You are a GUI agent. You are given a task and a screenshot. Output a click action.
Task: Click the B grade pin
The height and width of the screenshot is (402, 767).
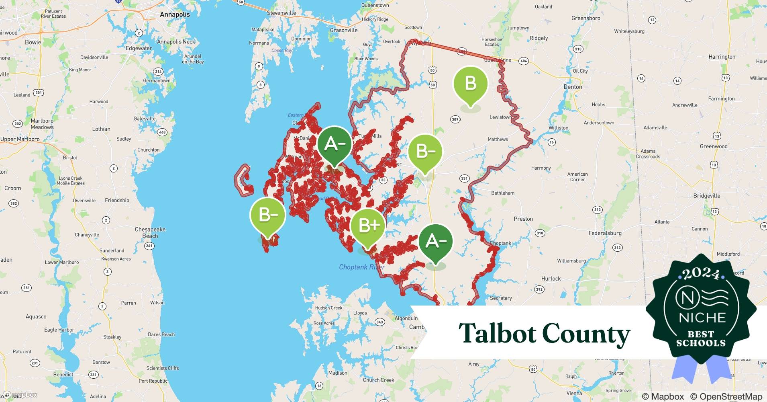[x=470, y=84]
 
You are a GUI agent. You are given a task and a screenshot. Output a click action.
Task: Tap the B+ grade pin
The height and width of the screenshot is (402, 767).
[x=367, y=226]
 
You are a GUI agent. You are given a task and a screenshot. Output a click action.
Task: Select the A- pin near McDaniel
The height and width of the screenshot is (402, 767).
[x=334, y=144]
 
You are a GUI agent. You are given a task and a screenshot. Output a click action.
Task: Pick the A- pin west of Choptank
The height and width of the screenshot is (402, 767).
[x=435, y=241]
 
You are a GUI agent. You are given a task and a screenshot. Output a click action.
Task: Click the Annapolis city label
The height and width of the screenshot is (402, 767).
[x=175, y=14]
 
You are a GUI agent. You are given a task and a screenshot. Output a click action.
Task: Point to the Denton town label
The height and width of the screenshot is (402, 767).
[x=573, y=87]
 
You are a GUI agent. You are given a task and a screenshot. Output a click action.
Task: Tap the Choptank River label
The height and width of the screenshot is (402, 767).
[x=362, y=267]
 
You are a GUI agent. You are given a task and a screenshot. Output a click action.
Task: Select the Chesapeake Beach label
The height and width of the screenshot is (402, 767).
[x=150, y=233]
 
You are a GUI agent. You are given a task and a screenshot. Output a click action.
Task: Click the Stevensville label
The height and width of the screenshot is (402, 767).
[x=282, y=13]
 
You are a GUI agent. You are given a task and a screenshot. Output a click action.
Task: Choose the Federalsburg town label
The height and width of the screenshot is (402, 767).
[x=605, y=233]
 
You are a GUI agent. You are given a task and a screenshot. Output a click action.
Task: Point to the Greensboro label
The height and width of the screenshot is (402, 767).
[x=585, y=18]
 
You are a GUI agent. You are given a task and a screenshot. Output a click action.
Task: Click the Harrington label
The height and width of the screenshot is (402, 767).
[x=722, y=57]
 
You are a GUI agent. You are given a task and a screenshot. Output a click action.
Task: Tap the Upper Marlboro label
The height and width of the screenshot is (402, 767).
[x=20, y=139]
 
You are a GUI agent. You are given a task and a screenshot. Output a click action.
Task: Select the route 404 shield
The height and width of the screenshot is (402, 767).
[x=523, y=61]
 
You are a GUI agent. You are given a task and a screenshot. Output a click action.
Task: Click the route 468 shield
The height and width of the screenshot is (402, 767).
[x=162, y=132]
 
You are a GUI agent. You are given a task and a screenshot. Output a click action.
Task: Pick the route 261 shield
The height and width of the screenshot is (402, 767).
[x=149, y=246]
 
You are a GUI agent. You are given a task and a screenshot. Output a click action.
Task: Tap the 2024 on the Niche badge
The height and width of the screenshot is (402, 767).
[x=701, y=274]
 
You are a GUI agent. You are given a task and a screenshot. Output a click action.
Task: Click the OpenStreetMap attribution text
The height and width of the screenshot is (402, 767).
[x=726, y=396]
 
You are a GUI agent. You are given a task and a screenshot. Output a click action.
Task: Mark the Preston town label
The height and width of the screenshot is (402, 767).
[x=523, y=219]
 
